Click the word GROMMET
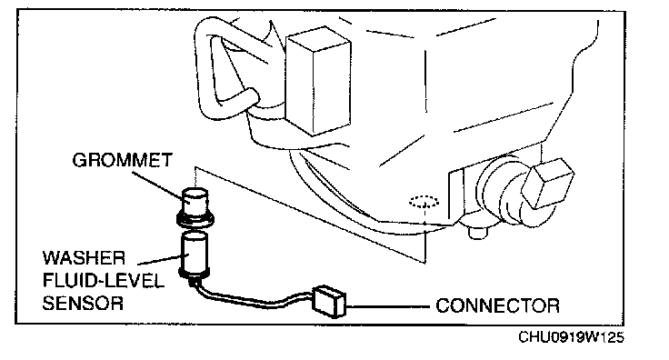tap(122, 160)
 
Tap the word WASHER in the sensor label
tap(84, 258)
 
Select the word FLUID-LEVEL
tap(104, 281)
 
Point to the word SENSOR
tap(83, 304)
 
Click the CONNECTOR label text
tap(497, 305)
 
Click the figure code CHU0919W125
tap(572, 337)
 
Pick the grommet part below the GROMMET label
tap(195, 207)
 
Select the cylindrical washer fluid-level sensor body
tap(195, 254)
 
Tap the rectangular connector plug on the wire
tap(328, 301)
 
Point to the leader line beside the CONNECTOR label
tap(387, 306)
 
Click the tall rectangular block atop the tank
tap(318, 81)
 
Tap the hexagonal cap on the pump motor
tap(549, 181)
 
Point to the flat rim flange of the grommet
tap(195, 220)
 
